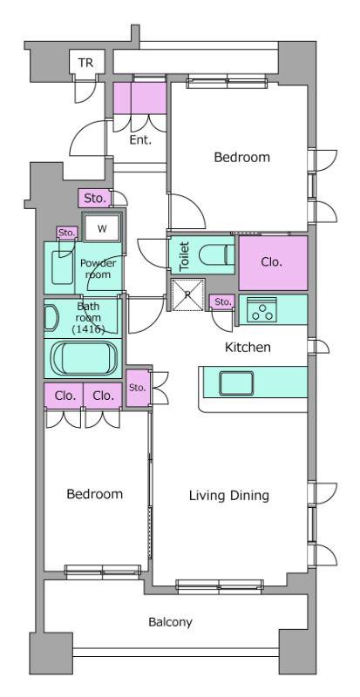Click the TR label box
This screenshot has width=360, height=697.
click(x=87, y=63)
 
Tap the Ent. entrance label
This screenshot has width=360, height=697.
click(x=140, y=140)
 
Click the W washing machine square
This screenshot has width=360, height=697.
click(x=102, y=229)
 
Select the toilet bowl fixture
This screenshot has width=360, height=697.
click(x=216, y=255)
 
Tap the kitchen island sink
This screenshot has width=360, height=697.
click(x=236, y=382)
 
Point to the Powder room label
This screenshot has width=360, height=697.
click(x=98, y=269)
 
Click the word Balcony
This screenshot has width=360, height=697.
click(x=171, y=622)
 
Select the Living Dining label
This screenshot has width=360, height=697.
click(x=229, y=495)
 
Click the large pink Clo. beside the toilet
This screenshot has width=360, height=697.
click(x=273, y=263)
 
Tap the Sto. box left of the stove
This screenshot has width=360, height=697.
click(x=222, y=302)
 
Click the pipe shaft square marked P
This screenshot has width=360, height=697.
click(x=187, y=294)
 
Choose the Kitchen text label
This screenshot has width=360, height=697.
click(x=248, y=347)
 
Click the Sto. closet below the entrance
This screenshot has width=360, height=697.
click(x=94, y=199)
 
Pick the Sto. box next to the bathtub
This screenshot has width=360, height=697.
click(x=138, y=387)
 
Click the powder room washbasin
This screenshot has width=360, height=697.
click(x=62, y=267)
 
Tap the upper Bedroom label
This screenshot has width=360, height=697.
click(x=242, y=158)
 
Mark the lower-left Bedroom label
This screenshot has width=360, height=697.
click(x=95, y=494)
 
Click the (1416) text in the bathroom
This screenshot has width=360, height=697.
click(x=88, y=329)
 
